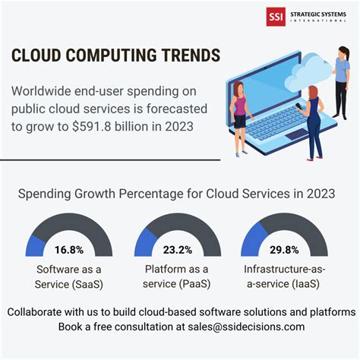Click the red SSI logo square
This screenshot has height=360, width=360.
point(275,17)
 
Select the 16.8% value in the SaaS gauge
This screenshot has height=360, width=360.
point(69,248)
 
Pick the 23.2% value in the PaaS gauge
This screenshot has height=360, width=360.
point(178,248)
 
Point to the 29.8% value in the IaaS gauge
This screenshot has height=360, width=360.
point(284,248)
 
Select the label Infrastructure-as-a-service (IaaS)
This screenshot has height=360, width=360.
point(284,276)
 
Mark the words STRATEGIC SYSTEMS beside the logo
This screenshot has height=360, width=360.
point(318,13)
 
